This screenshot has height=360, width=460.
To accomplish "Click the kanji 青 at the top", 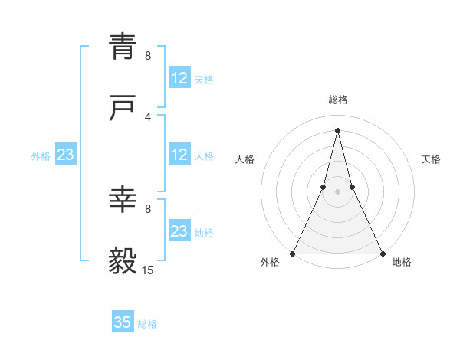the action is [123, 46].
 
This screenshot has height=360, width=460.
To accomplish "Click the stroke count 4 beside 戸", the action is [148, 116].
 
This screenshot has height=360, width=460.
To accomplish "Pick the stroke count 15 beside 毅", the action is [148, 270].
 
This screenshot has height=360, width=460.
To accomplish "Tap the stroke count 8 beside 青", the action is [148, 55].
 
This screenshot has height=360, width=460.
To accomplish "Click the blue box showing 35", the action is [123, 322].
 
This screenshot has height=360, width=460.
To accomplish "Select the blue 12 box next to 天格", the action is [179, 78].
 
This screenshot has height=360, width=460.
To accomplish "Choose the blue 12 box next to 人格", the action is [179, 155].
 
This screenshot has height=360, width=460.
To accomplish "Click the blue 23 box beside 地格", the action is [179, 231].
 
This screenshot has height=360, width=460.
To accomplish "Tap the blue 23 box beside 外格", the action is [66, 155].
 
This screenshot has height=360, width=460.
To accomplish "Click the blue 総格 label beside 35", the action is [147, 324].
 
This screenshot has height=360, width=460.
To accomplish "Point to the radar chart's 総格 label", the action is [338, 100].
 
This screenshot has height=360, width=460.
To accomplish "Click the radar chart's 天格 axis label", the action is [431, 159].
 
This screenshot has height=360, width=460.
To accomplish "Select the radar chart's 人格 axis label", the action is [245, 159].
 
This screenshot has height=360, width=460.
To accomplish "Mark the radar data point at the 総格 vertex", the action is [337, 129].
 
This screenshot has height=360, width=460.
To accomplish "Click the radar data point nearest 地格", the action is [382, 253].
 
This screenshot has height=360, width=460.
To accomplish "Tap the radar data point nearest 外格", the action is [293, 253].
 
